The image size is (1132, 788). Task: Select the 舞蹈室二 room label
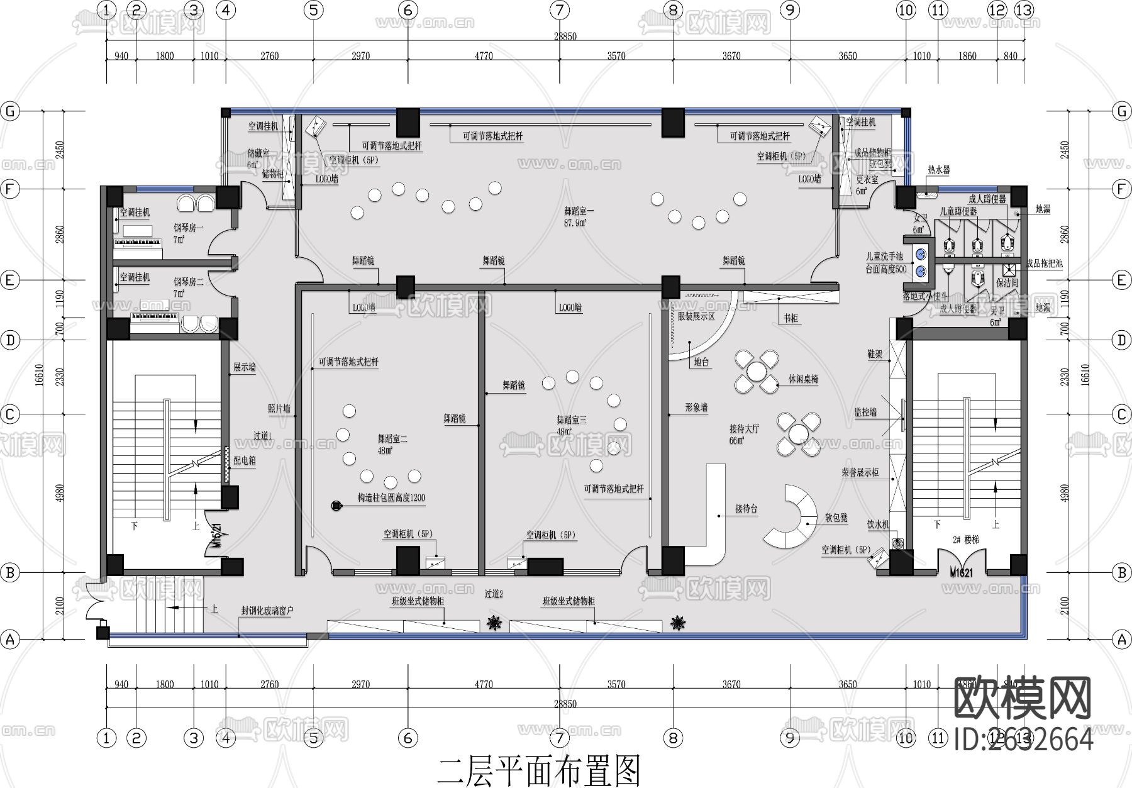(x=392, y=439)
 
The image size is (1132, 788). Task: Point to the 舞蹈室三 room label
(x=571, y=420)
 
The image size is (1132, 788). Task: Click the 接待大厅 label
(x=745, y=429)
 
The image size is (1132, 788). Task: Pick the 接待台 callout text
(x=746, y=509)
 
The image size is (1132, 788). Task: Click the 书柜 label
(x=791, y=319)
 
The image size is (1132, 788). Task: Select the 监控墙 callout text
(x=865, y=413)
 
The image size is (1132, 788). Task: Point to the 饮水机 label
(x=879, y=524)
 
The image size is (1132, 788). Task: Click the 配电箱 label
(x=245, y=461)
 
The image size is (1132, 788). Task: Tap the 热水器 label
(x=938, y=170)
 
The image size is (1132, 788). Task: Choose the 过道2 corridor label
(x=494, y=593)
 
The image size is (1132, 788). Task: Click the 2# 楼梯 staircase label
(x=966, y=540)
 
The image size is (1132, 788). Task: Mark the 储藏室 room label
(x=258, y=153)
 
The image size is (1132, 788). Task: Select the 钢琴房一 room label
(x=189, y=228)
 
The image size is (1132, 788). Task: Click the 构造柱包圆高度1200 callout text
(x=391, y=497)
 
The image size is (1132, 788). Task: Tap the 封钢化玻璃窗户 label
(x=267, y=610)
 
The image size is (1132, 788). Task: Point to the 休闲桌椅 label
(x=803, y=380)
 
